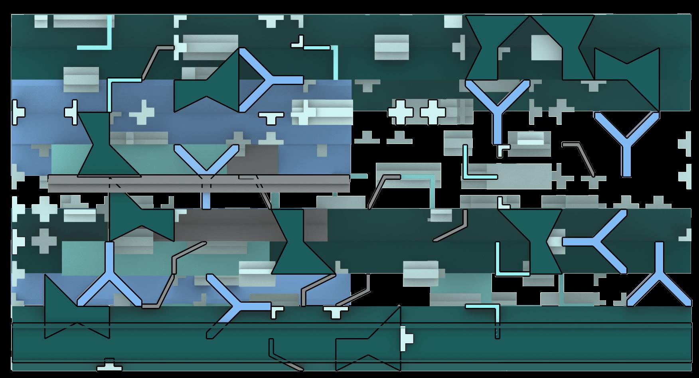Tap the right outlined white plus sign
tap(432, 111)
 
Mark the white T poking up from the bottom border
tap(109, 364)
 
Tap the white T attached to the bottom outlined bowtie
tap(407, 338)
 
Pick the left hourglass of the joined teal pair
tap(497, 48)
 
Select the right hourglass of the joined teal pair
tap(563, 48)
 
